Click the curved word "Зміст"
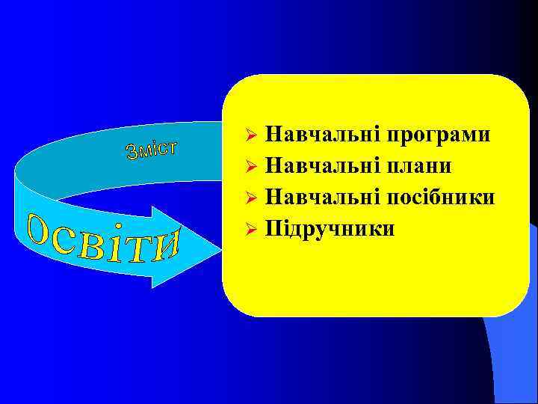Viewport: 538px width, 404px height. point(151,148)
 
